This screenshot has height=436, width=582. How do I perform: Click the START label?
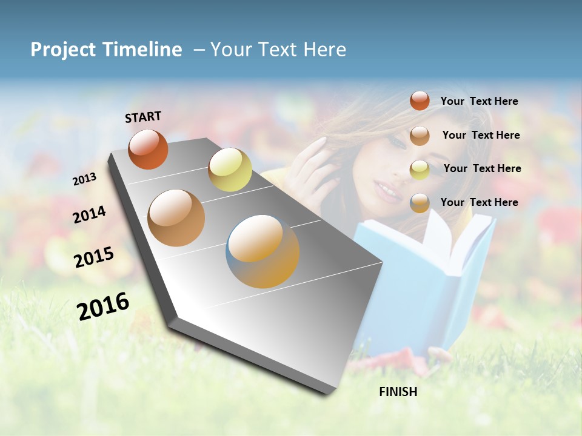click(x=143, y=117)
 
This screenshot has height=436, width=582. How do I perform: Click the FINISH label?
click(x=398, y=392)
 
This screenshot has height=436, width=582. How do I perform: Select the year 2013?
click(x=84, y=179)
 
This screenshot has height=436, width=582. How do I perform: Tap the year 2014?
click(x=89, y=215)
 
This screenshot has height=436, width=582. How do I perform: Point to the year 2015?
click(x=94, y=257)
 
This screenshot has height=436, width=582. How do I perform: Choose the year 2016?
click(x=103, y=306)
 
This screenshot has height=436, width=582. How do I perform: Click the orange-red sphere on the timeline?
click(x=148, y=150)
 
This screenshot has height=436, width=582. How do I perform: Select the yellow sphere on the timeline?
click(x=230, y=170)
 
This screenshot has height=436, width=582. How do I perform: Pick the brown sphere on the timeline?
click(x=176, y=218)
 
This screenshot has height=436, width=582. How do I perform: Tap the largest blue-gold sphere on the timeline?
click(x=263, y=251)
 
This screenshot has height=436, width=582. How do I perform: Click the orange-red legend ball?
click(x=420, y=101)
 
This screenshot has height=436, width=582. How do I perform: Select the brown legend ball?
click(x=420, y=136)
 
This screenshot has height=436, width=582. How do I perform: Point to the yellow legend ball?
click(x=420, y=169)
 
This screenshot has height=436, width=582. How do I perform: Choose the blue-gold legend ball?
click(x=420, y=203)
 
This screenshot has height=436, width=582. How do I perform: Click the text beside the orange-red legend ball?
click(x=479, y=101)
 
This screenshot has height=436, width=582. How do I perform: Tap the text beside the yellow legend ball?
click(x=482, y=168)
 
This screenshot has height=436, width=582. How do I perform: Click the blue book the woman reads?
click(x=424, y=272)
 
